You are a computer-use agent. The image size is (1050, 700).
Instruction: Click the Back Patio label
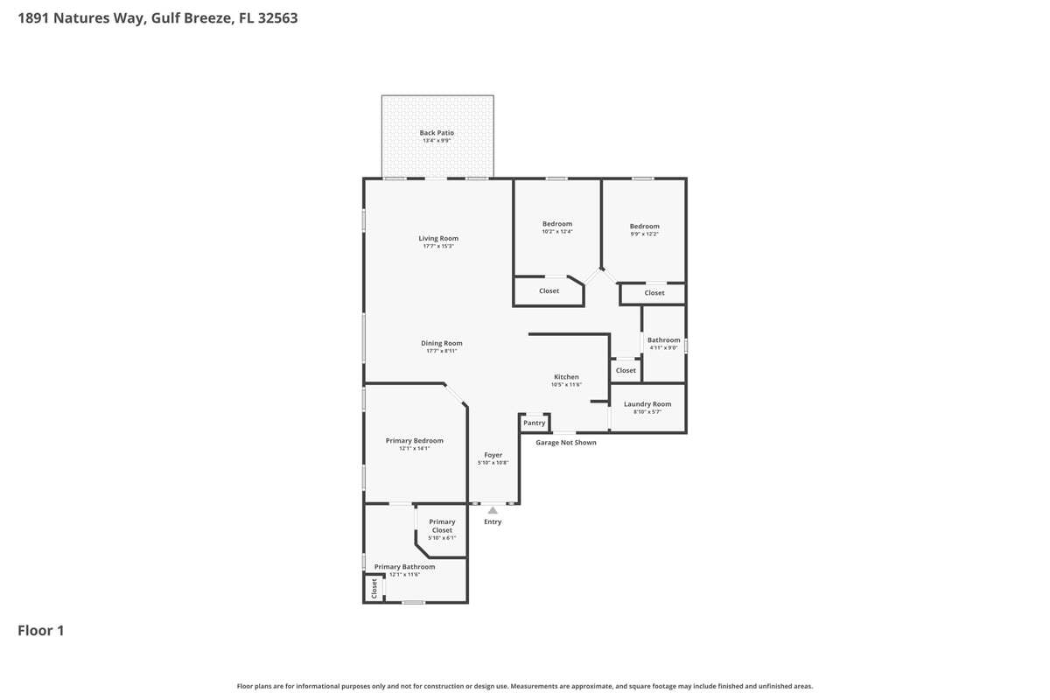[437, 133]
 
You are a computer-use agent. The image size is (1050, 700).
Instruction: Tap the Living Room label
[438, 238]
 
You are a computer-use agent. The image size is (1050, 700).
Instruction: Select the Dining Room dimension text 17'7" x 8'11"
[442, 351]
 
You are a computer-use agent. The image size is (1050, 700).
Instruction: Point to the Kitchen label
[566, 376]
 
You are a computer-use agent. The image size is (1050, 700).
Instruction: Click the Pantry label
[534, 423]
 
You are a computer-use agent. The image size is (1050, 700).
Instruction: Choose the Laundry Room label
[647, 403]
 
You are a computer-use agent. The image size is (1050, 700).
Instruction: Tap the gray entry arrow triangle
[492, 510]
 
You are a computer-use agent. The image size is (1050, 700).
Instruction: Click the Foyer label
[493, 455]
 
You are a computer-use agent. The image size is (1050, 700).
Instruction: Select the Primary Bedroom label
[415, 440]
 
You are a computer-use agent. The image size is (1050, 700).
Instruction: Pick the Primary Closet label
[442, 526]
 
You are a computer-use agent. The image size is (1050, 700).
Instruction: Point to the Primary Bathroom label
[404, 566]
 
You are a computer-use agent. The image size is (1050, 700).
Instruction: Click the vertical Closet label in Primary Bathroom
[374, 589]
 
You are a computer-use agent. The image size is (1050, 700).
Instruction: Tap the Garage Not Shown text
[566, 442]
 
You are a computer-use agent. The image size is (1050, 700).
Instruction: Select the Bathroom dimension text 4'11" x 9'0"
[664, 347]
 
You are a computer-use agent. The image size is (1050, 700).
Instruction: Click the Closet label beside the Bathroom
[626, 370]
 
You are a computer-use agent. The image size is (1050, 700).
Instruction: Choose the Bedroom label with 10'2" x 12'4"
[557, 224]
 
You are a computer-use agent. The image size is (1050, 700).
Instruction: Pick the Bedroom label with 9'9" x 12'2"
[645, 226]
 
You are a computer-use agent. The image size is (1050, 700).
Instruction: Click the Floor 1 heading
[41, 630]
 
